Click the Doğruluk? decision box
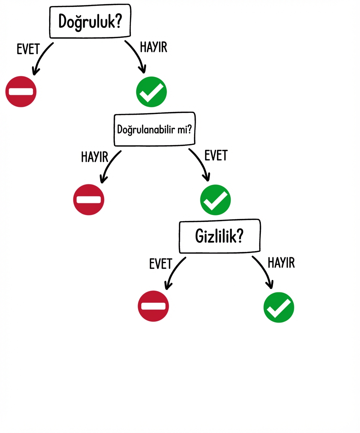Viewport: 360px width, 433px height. coord(90,22)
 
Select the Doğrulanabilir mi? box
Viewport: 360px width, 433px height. coord(155,129)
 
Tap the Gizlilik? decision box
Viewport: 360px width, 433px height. coord(220,236)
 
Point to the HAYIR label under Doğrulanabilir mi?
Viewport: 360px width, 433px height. coord(95,157)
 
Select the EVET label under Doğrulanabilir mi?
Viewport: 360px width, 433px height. coord(216,155)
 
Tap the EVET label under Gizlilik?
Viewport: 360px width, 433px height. coord(161,263)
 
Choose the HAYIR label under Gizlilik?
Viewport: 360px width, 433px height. coord(281,263)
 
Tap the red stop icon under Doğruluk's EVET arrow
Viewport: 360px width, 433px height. coord(21,91)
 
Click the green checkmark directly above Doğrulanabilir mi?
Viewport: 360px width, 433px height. coord(151,91)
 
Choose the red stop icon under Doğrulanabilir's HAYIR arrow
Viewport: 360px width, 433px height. coord(88,199)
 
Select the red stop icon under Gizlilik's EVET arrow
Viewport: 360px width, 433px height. coord(153,306)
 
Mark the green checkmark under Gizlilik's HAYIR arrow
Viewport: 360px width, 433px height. coord(279,307)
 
